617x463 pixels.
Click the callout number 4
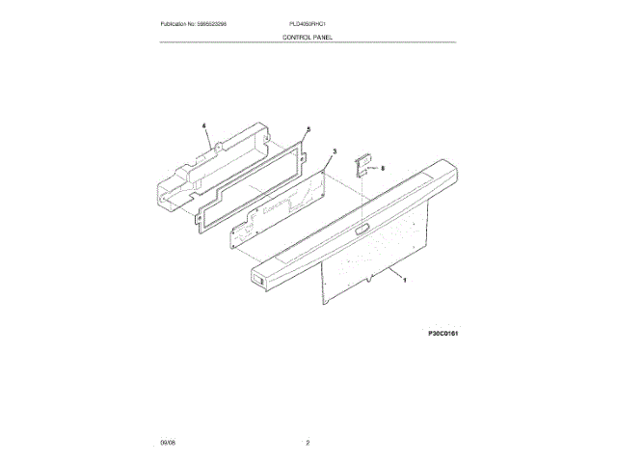point(204,125)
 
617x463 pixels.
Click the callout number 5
point(308,129)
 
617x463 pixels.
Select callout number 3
point(334,151)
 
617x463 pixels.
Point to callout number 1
point(404,281)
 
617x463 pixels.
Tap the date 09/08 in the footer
point(168,443)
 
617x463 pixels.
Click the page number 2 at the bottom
point(308,443)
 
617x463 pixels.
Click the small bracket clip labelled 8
point(363,166)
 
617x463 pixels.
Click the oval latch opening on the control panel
point(360,229)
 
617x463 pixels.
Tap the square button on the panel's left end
point(258,283)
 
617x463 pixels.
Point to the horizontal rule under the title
point(308,42)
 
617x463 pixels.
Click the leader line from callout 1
point(389,275)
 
